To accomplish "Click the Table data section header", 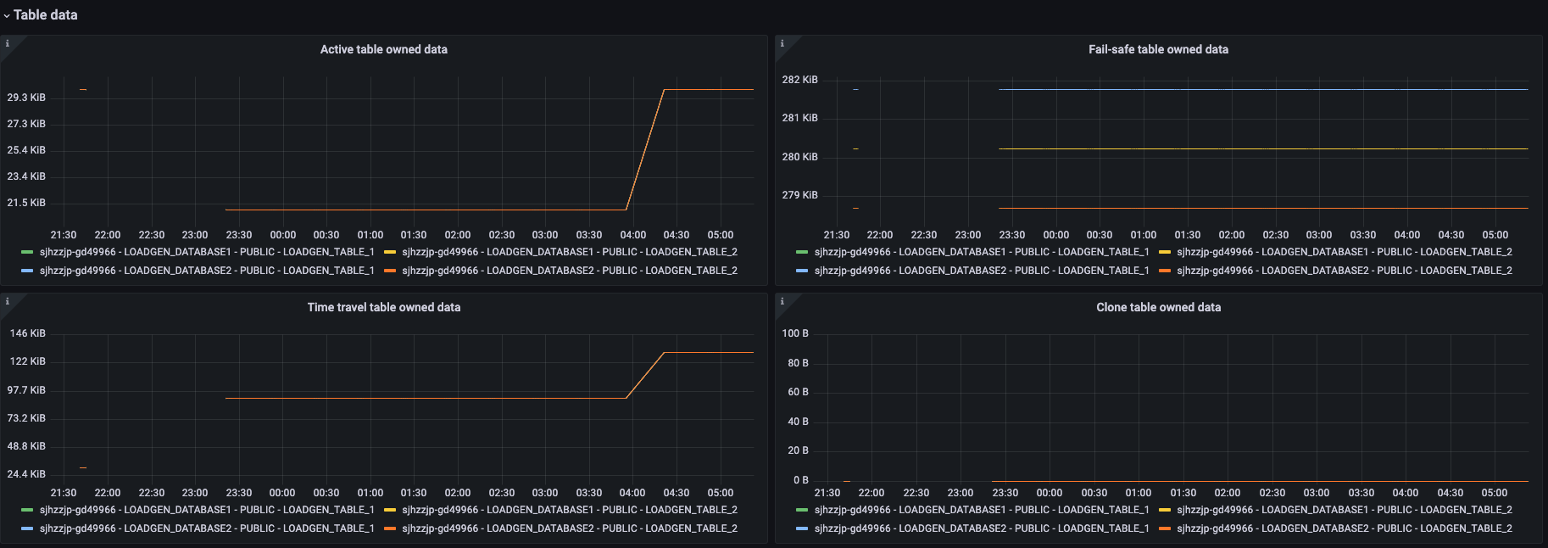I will click(x=45, y=14).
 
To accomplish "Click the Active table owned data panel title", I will click(x=383, y=49).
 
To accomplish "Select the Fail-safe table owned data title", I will click(x=1158, y=49).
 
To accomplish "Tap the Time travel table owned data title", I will click(x=383, y=307).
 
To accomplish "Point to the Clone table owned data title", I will click(x=1158, y=307).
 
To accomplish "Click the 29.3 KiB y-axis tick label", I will click(x=26, y=98).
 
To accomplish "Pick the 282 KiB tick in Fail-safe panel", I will click(x=799, y=80).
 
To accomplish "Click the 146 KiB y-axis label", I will click(x=28, y=333).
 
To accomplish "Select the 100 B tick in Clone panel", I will click(x=795, y=333).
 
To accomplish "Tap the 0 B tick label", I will click(x=800, y=480).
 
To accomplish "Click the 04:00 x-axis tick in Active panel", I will click(x=632, y=235).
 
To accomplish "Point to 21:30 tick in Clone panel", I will click(x=827, y=493).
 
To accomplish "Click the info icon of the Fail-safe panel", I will click(x=782, y=43).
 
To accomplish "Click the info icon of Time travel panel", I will click(x=7, y=301).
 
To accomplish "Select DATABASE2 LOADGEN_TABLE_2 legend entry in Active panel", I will click(x=569, y=271).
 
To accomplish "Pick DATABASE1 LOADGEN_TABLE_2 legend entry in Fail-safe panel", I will click(x=1344, y=252).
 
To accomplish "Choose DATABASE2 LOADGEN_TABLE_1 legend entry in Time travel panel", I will click(x=206, y=528).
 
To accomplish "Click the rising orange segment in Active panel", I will click(x=645, y=148).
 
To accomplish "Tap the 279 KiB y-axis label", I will click(x=799, y=195).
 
